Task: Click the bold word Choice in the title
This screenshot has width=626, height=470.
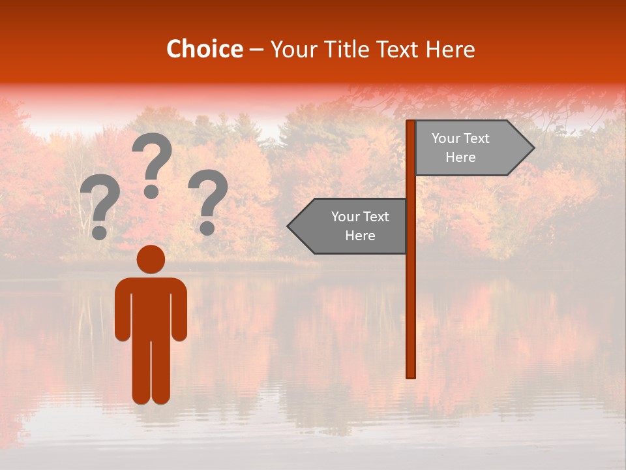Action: pyautogui.click(x=204, y=49)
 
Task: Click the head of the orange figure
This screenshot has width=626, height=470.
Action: pyautogui.click(x=151, y=259)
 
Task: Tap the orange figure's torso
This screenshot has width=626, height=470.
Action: pyautogui.click(x=151, y=307)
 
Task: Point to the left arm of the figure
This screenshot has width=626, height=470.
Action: pyautogui.click(x=123, y=310)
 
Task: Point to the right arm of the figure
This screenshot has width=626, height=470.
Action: pyautogui.click(x=179, y=310)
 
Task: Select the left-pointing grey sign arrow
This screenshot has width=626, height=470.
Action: pyautogui.click(x=349, y=227)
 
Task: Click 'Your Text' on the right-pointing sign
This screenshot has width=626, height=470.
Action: pyautogui.click(x=460, y=138)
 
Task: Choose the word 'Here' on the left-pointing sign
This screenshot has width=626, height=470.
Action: pyautogui.click(x=360, y=236)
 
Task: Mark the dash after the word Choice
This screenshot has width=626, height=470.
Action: pyautogui.click(x=256, y=50)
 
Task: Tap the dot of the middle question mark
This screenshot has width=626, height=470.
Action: pyautogui.click(x=151, y=191)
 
